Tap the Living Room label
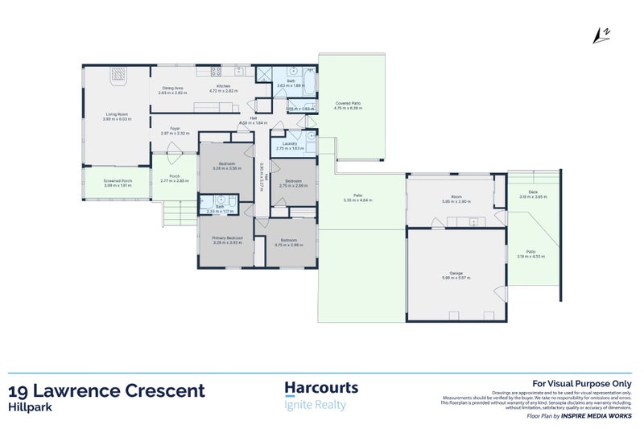point(117,115)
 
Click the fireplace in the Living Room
point(118,75)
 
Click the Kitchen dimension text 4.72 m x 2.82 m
point(224,92)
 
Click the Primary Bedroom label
point(228,238)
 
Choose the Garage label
point(456,273)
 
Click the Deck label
point(532,192)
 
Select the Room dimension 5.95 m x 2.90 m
point(456,201)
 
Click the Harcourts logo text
point(322,388)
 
